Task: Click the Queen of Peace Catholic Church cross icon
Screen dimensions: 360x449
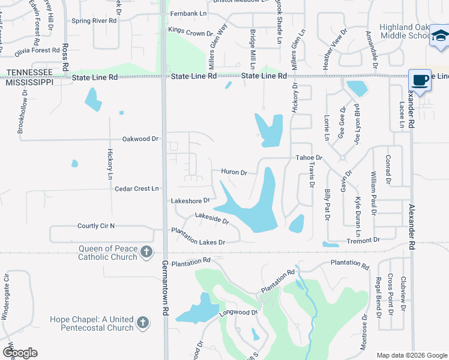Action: [x=146, y=253]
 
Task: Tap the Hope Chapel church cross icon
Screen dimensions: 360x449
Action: [x=142, y=323]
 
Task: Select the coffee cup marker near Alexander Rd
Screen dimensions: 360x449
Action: [x=420, y=80]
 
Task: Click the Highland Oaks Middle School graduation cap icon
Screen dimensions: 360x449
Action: [x=439, y=36]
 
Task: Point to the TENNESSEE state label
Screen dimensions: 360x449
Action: [x=29, y=72]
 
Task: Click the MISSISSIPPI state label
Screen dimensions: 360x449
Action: [x=29, y=82]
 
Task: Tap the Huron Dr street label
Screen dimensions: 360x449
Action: [x=234, y=172]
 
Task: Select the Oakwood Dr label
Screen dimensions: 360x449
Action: [x=140, y=139]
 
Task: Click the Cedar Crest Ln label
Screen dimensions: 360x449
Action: [x=136, y=188]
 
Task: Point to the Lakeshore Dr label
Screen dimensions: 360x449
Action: [x=190, y=200]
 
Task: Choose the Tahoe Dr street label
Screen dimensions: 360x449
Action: [x=309, y=158]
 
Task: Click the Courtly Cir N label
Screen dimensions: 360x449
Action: [x=95, y=226]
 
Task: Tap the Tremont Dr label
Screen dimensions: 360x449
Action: [x=364, y=240]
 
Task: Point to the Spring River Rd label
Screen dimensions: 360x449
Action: [x=94, y=20]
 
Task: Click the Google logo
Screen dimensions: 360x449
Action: [x=20, y=353]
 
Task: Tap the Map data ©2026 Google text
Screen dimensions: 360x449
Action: [x=411, y=355]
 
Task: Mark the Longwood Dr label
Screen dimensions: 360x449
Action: [x=239, y=313]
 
